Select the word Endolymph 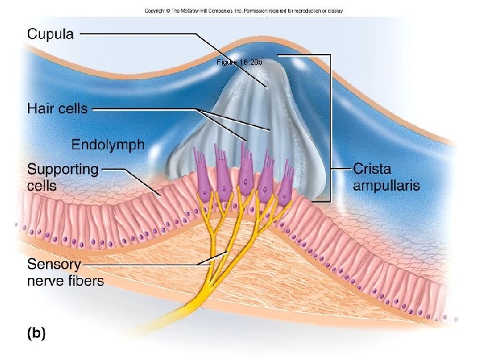click(107, 145)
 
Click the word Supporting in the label click(63, 170)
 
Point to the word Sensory click(53, 263)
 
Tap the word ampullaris click(386, 185)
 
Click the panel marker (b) click(36, 333)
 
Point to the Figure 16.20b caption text click(239, 62)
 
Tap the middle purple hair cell click(246, 173)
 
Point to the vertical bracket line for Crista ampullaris click(330, 127)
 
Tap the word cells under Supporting click(42, 186)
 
